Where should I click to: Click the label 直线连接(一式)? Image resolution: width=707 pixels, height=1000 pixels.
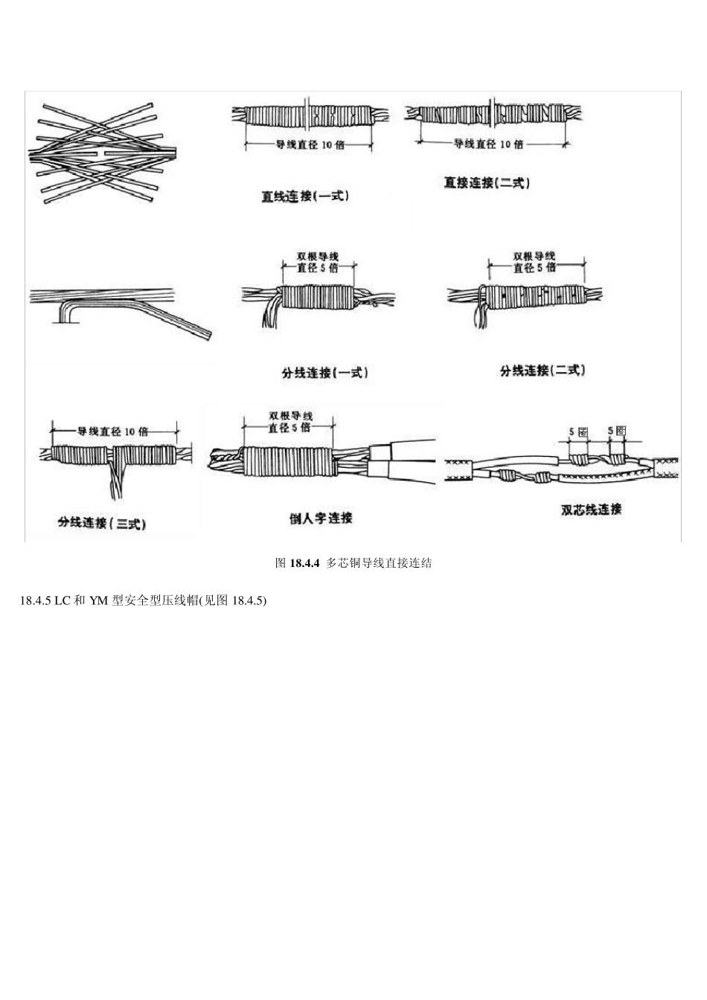[x=304, y=196]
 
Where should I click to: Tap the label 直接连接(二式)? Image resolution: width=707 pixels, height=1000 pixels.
[x=487, y=182]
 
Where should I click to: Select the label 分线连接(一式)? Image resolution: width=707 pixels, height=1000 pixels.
[x=324, y=373]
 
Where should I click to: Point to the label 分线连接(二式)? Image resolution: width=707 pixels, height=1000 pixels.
[x=543, y=370]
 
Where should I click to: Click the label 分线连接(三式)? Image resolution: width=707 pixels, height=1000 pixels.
[x=101, y=523]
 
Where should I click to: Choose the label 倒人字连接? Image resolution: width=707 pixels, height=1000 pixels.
[x=321, y=518]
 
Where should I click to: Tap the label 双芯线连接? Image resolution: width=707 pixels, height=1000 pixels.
[x=591, y=510]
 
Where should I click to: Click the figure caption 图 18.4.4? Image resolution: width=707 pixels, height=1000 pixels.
[x=353, y=563]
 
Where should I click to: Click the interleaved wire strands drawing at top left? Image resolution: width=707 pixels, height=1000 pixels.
[x=100, y=153]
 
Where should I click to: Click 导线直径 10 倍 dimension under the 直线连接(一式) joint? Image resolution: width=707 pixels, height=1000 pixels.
[x=310, y=145]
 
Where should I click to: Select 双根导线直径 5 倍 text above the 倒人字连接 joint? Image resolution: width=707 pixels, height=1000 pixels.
[x=289, y=421]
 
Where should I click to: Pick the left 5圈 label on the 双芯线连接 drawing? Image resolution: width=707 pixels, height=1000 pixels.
[x=578, y=431]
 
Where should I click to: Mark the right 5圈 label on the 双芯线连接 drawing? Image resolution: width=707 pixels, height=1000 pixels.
[x=617, y=431]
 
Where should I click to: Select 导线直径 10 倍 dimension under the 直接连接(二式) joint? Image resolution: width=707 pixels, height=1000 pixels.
[x=488, y=144]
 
